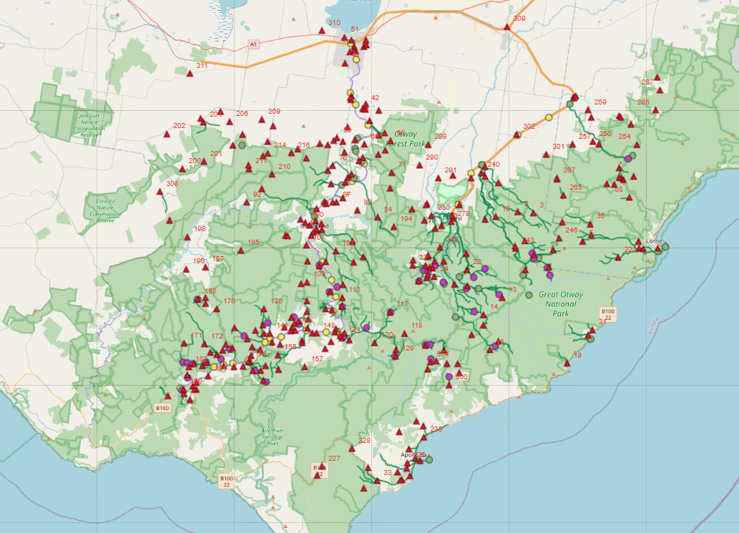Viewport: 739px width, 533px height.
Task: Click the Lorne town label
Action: [654, 241]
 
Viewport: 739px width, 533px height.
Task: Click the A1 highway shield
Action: [253, 44]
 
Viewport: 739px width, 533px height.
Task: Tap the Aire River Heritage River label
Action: [271, 436]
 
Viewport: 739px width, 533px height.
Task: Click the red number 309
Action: [519, 18]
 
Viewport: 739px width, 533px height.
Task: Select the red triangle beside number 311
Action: [190, 73]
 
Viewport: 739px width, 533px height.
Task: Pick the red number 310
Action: [334, 23]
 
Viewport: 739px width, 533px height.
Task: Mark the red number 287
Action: [647, 82]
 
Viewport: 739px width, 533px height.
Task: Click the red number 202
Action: [179, 125]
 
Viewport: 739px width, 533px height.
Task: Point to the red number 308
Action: [172, 184]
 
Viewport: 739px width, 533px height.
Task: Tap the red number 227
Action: [334, 458]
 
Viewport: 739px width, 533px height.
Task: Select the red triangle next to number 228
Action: [351, 449]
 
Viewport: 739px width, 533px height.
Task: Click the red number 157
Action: [318, 358]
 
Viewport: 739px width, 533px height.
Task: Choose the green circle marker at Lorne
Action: [665, 247]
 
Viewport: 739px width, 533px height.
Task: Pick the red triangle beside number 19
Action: [567, 363]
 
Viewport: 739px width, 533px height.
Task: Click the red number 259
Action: [600, 102]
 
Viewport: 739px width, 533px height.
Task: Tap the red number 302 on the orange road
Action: [529, 126]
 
